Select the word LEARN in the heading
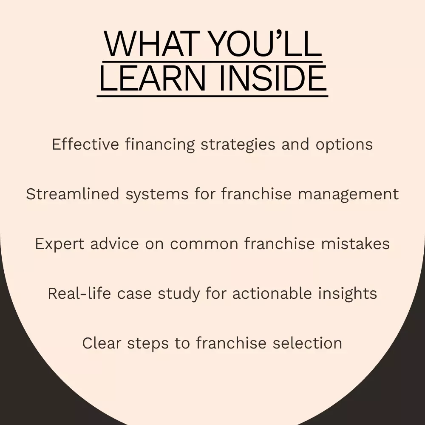[x=153, y=78]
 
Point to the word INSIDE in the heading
[x=273, y=78]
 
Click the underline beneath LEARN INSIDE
[x=212, y=96]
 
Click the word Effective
[x=85, y=144]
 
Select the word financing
[x=160, y=144]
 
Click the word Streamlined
[x=73, y=194]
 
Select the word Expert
[x=59, y=244]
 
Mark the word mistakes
[x=356, y=244]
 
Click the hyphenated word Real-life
[x=79, y=293]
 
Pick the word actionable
[x=272, y=293]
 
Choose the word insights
[x=348, y=294]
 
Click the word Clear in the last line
[x=102, y=343]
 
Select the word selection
[x=307, y=343]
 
